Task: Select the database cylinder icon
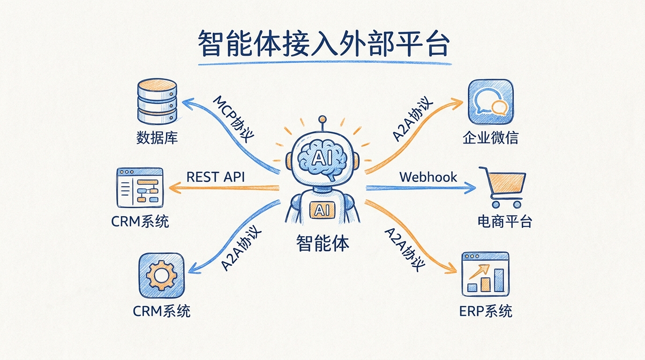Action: coord(157,101)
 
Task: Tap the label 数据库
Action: coord(157,138)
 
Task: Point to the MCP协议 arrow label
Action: coord(233,119)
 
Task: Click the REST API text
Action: coord(216,177)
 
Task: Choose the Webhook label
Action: coord(428,177)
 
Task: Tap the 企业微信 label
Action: coord(490,138)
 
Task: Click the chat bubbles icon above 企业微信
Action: coord(491,102)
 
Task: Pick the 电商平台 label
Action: coord(504,222)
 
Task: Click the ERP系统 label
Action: coord(486,311)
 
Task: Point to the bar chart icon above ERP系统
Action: coord(486,275)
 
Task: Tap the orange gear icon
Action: coord(162,276)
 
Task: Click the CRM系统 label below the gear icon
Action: coord(162,311)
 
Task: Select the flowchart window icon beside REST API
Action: coord(140,188)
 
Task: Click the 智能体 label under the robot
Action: coord(322,243)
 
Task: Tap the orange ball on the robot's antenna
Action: coord(322,119)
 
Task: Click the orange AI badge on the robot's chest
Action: coord(322,210)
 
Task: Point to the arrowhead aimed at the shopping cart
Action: coord(470,188)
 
